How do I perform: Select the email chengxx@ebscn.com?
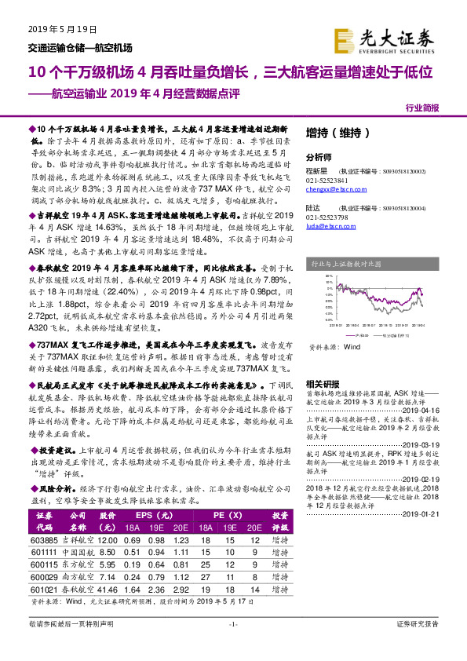coord(329,189)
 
